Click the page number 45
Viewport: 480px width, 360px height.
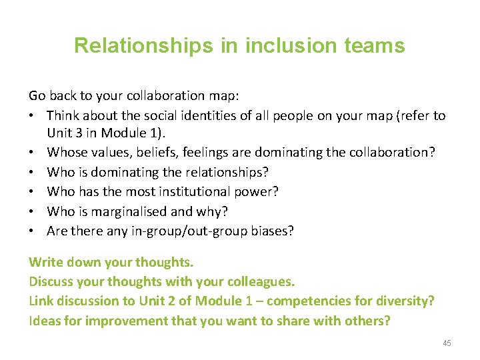pyautogui.click(x=446, y=343)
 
